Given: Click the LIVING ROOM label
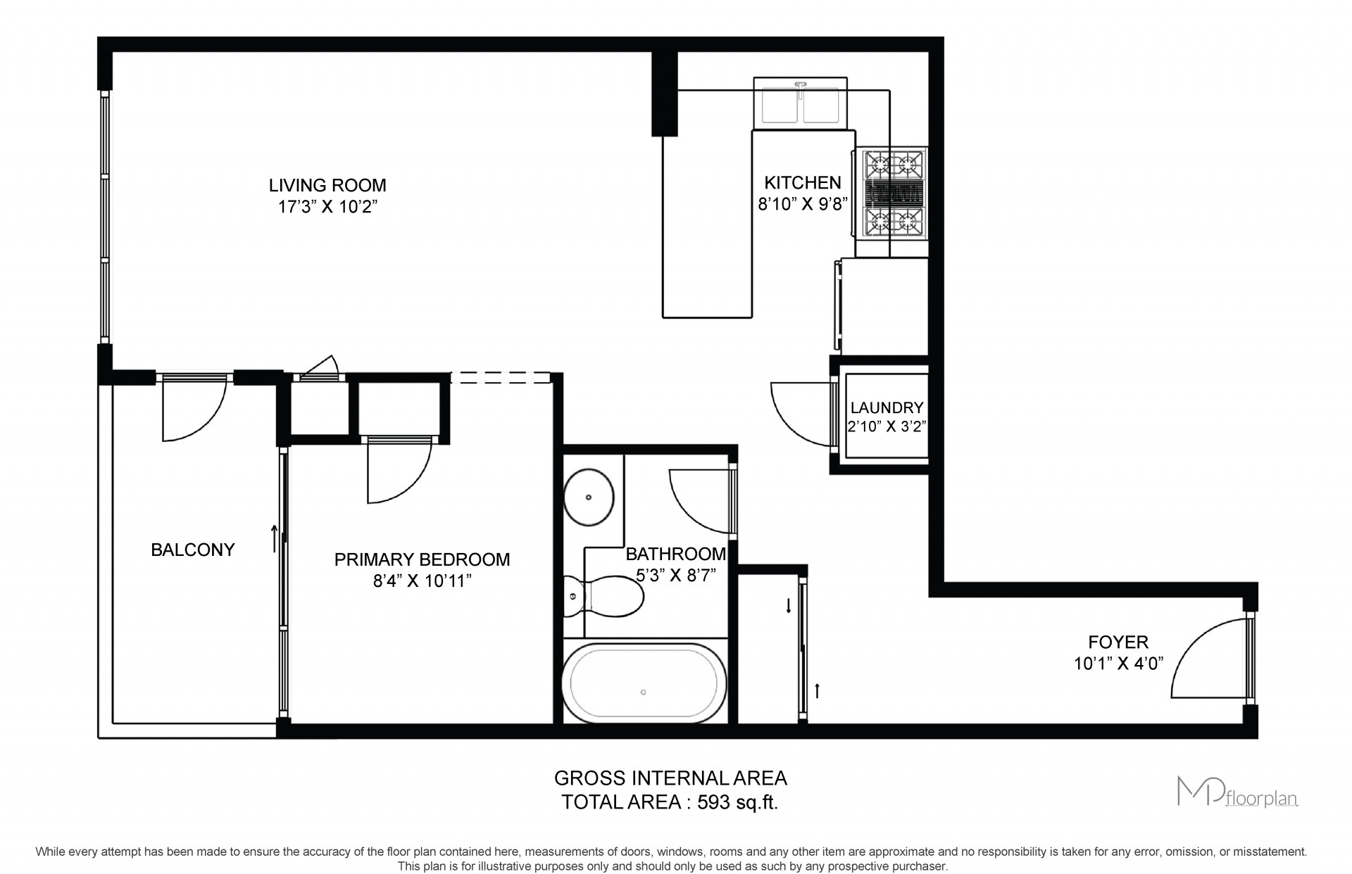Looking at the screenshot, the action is tap(327, 185).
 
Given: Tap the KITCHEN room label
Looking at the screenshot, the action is tap(803, 183).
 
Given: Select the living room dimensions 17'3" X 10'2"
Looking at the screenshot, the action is tap(327, 207).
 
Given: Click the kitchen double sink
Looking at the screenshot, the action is tap(800, 103).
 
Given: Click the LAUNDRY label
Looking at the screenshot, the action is tap(887, 407).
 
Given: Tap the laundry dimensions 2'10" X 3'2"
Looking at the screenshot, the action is tap(887, 426).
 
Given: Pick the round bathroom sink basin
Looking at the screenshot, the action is tap(589, 498).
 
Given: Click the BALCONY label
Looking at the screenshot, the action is tap(193, 550).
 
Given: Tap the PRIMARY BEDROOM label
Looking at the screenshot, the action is tap(422, 559).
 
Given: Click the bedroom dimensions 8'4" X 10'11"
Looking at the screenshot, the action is tap(422, 581).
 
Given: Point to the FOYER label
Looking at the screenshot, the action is tap(1118, 642).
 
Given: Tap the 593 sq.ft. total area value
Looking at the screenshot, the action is tap(737, 802).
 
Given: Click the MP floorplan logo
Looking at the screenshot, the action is tap(1238, 791).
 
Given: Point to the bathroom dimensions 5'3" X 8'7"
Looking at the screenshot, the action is tap(676, 575).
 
